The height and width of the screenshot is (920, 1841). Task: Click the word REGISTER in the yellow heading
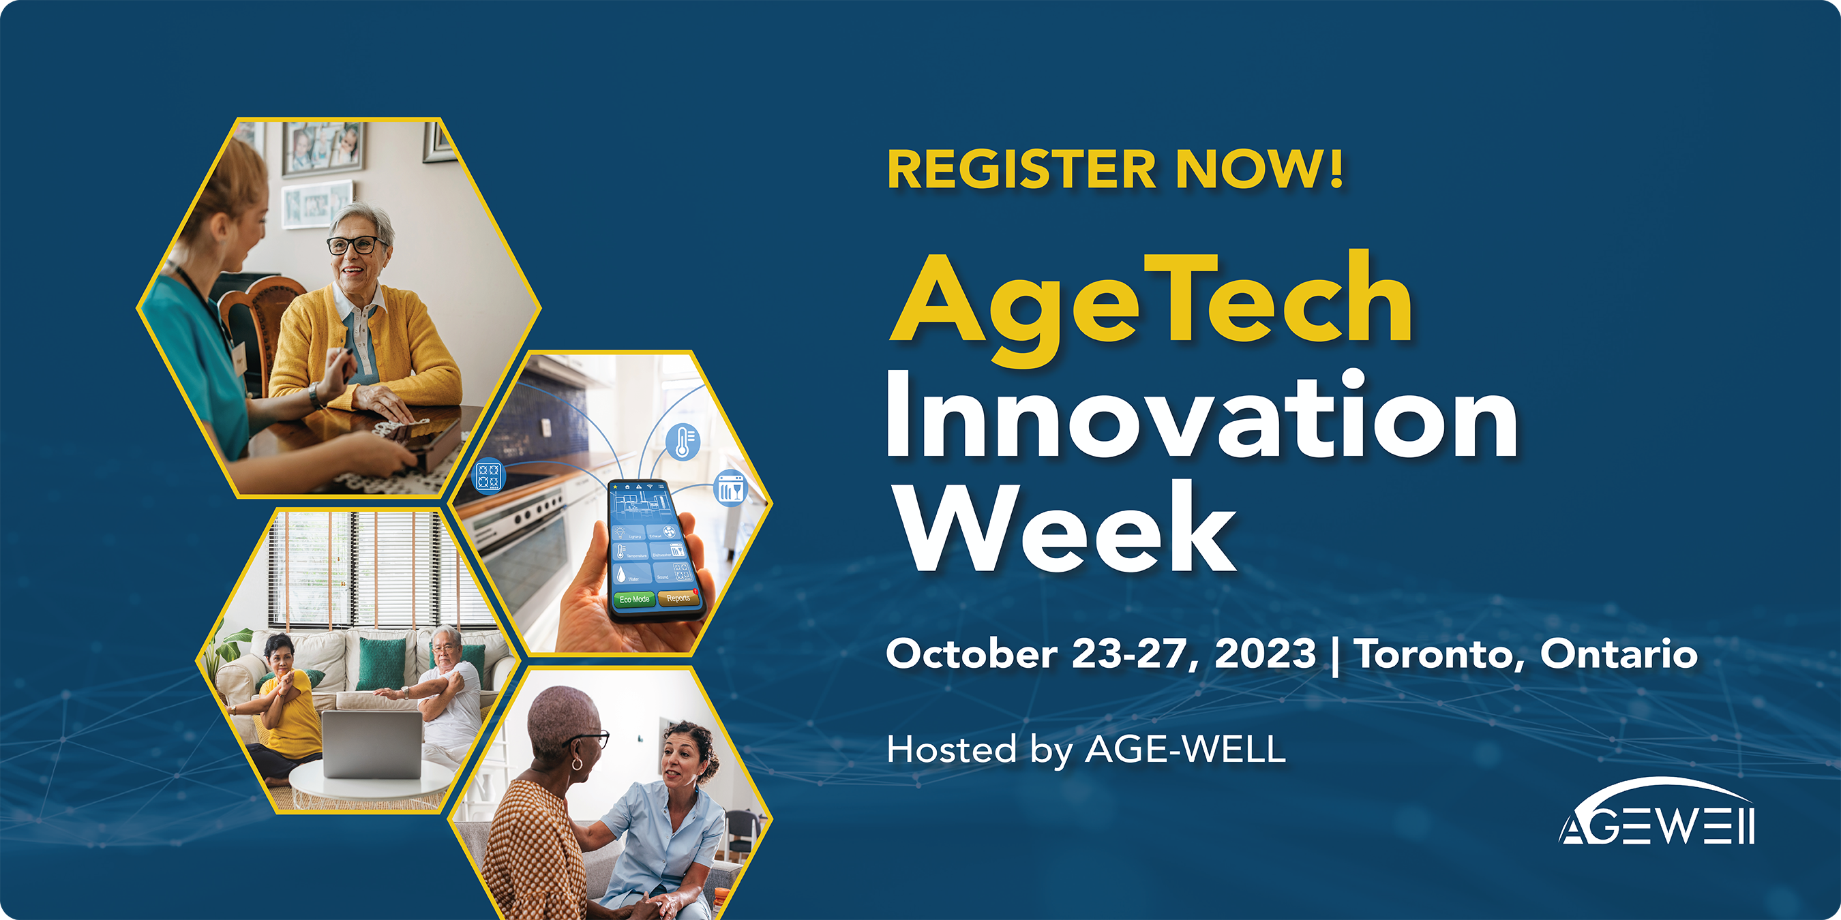click(x=1021, y=169)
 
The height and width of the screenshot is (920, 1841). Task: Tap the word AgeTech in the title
click(x=1151, y=307)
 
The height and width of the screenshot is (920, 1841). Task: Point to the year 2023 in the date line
click(x=1265, y=654)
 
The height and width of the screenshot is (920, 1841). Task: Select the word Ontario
click(x=1619, y=653)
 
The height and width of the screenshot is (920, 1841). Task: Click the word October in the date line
click(x=972, y=654)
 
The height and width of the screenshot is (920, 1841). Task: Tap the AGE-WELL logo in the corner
click(x=1657, y=812)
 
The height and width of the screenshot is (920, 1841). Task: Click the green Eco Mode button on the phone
click(x=634, y=599)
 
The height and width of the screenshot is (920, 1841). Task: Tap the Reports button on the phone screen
click(x=678, y=598)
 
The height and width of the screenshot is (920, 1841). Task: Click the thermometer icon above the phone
click(x=683, y=442)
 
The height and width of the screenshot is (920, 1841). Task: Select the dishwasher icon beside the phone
click(x=730, y=489)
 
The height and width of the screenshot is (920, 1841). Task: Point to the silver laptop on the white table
click(x=372, y=744)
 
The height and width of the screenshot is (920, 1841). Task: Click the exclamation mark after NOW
click(x=1336, y=168)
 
